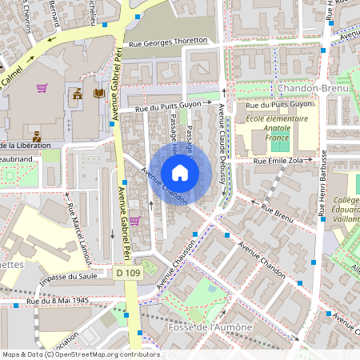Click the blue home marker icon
(x=180, y=173)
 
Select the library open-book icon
(x=99, y=94)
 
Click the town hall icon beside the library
(x=78, y=94)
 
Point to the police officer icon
(x=37, y=130)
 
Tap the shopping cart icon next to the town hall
(x=42, y=88)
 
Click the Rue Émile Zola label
(x=281, y=162)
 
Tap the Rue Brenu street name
(x=278, y=211)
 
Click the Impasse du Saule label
(x=68, y=276)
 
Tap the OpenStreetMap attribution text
(x=80, y=354)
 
